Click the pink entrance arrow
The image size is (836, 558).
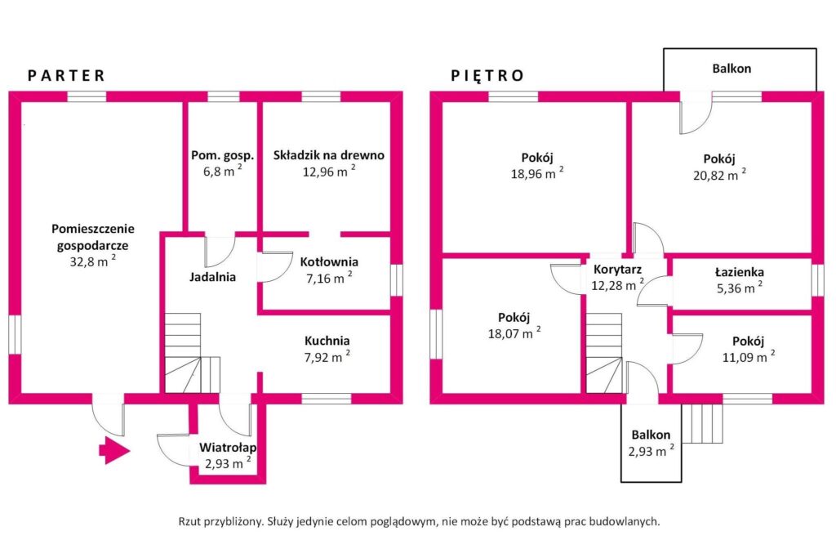point(114,450)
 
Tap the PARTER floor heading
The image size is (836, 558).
point(66,76)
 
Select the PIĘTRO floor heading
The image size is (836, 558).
point(487,76)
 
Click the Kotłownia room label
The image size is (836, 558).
point(329,262)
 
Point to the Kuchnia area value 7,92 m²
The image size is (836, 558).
point(327,356)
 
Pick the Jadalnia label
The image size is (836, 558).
point(212,277)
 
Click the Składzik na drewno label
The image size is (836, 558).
point(328,155)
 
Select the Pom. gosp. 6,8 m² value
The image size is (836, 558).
point(222,171)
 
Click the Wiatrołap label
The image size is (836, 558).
point(228,448)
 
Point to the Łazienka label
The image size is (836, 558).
point(740,272)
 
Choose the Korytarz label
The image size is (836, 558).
point(617,270)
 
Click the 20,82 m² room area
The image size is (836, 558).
point(719,175)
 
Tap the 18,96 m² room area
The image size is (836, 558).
point(537,173)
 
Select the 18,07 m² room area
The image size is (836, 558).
point(514,333)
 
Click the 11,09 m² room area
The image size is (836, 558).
point(749,356)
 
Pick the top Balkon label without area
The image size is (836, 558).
point(731,69)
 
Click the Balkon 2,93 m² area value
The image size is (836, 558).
point(651,451)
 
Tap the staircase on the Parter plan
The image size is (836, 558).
point(191,353)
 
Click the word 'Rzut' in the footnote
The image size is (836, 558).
point(189,521)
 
